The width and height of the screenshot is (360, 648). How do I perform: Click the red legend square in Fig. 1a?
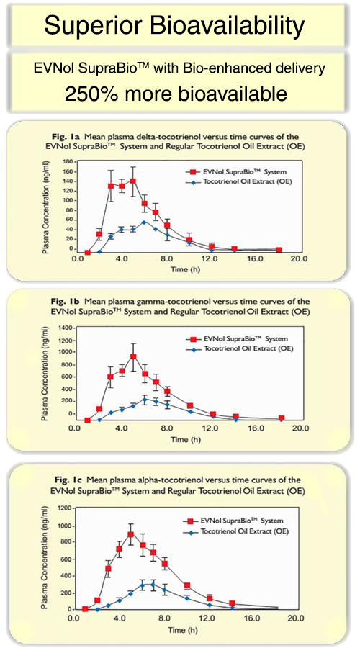point(192,171)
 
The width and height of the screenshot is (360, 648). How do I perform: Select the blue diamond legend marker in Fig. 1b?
point(193,348)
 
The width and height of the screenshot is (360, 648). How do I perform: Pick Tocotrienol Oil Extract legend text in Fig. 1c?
point(243,532)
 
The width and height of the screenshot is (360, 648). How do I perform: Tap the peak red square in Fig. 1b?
point(133,356)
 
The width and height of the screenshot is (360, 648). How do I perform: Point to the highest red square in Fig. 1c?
point(130,534)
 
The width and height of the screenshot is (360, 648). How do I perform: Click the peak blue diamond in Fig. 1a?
point(144,222)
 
